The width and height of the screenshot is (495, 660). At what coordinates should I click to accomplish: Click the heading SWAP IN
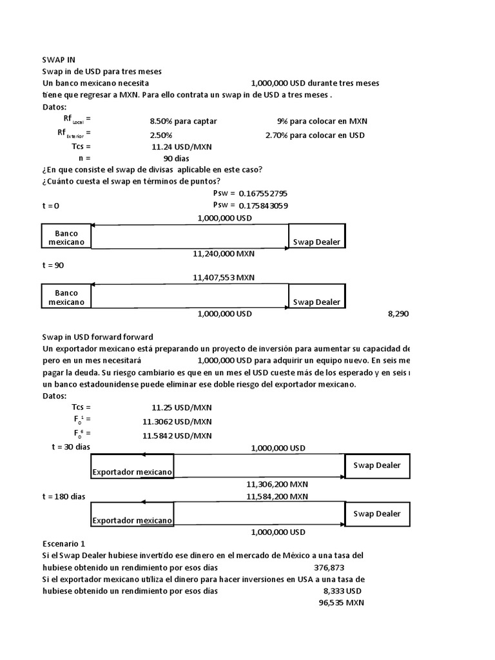(59, 59)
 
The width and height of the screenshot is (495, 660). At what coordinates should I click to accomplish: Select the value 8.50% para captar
(183, 121)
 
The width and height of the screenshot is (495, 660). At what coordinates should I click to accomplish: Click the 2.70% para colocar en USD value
(315, 135)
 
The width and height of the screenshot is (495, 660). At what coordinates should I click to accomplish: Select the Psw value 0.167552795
(263, 193)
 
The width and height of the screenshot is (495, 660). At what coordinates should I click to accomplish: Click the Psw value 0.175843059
(263, 206)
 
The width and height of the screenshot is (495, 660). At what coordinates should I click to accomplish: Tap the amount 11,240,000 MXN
(224, 253)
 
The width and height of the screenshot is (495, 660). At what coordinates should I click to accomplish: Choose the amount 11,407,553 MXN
(224, 278)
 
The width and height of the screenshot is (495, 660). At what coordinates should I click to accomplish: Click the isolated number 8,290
(398, 314)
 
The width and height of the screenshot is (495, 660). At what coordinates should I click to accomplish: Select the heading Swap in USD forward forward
(97, 337)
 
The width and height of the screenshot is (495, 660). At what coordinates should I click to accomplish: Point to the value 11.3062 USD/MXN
(177, 422)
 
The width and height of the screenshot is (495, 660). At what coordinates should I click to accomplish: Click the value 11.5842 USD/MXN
(177, 435)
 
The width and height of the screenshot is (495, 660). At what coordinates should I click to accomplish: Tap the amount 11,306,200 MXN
(277, 483)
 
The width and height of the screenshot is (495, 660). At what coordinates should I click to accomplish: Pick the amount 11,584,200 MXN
(277, 496)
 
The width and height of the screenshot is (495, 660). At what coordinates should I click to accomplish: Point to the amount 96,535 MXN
(341, 603)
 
